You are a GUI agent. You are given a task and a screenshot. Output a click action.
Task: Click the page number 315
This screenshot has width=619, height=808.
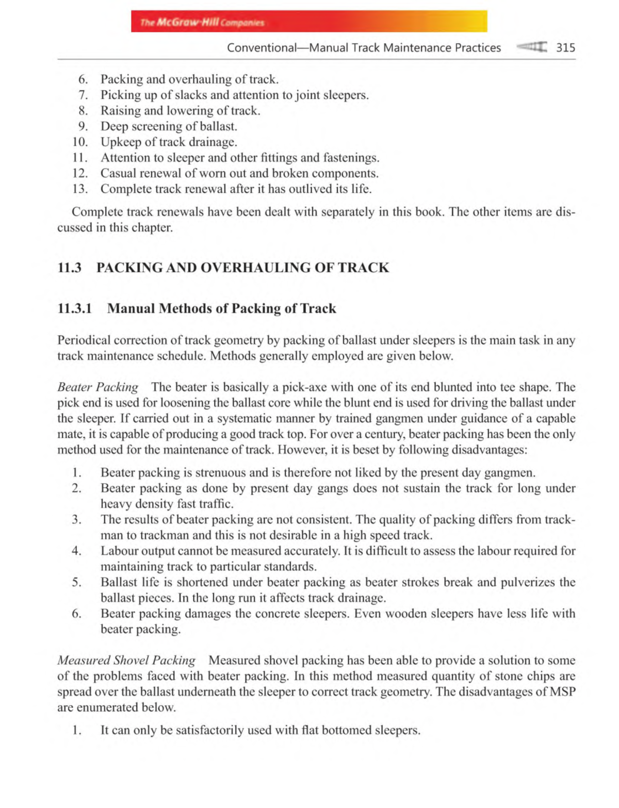[565, 48]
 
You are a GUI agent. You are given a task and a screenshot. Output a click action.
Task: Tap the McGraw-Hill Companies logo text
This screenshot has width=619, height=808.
[202, 23]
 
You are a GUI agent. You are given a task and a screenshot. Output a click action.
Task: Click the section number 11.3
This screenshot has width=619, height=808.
[69, 268]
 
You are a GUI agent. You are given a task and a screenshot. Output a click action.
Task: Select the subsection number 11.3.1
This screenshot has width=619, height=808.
[74, 308]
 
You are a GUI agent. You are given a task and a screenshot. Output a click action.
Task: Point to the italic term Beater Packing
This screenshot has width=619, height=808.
[97, 387]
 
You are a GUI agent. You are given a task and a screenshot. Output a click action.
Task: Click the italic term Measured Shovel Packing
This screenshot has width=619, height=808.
[126, 661]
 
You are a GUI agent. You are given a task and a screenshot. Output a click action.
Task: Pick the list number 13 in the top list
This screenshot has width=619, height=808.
[79, 189]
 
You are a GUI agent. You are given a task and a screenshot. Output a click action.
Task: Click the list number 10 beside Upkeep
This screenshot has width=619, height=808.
[79, 142]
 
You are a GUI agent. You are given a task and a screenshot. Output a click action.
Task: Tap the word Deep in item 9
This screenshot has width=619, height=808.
[114, 127]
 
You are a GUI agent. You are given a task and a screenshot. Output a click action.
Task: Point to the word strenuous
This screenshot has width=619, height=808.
[221, 473]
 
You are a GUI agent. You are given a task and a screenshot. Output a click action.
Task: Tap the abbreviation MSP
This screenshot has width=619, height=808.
[562, 691]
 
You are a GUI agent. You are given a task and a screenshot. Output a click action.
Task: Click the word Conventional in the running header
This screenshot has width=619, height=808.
[262, 48]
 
